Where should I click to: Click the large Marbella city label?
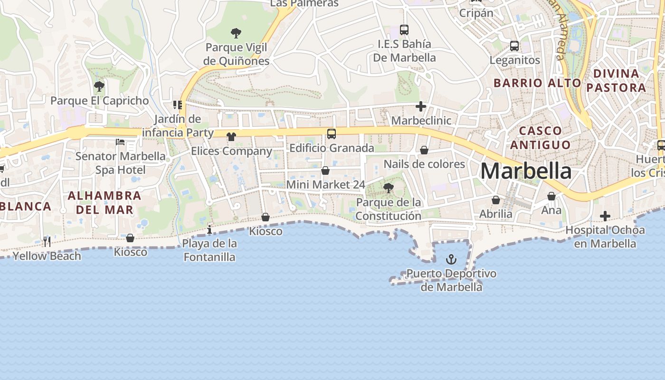[526, 171]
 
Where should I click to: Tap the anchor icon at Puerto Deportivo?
[451, 259]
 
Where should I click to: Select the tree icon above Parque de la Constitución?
[389, 188]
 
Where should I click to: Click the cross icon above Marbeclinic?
[421, 106]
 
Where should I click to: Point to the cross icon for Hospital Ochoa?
[605, 216]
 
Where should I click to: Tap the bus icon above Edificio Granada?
[332, 134]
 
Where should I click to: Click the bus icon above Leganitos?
[514, 46]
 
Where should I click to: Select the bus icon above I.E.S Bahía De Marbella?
[404, 30]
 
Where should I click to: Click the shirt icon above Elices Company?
[231, 137]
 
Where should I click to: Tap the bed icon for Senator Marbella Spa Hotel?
[120, 142]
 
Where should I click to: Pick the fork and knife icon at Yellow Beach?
[47, 241]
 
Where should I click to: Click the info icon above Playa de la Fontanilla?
[209, 230]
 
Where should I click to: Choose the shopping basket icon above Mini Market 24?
[325, 170]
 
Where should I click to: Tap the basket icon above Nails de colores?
[424, 150]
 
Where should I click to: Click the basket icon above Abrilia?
[496, 200]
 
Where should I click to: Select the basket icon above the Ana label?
[551, 196]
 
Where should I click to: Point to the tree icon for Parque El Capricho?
[99, 86]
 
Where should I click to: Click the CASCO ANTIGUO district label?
[541, 137]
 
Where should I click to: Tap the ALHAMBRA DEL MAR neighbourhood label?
[104, 202]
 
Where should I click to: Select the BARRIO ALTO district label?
[537, 83]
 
